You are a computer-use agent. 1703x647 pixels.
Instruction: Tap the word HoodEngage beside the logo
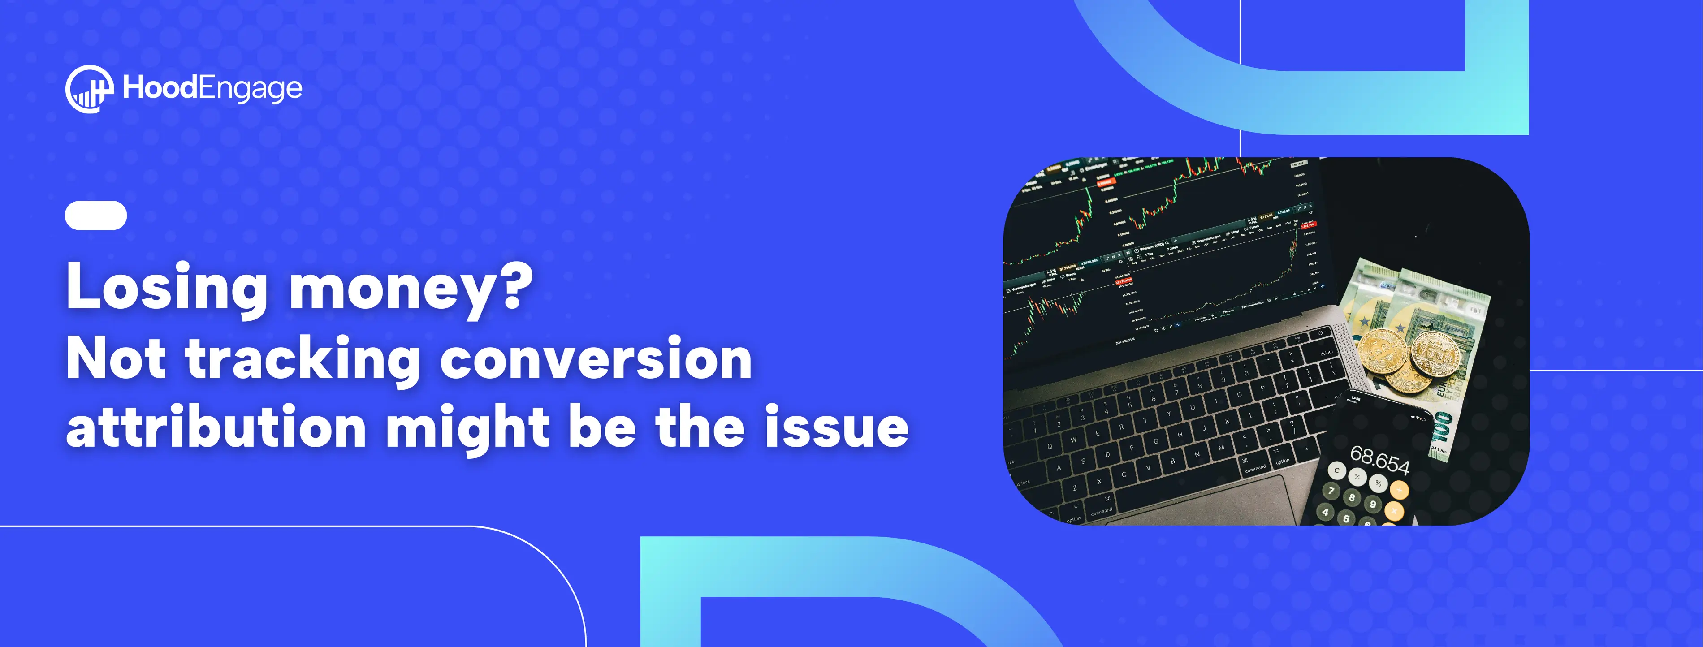click(212, 88)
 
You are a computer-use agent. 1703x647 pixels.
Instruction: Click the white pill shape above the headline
click(96, 216)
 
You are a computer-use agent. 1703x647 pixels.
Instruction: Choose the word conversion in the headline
click(596, 359)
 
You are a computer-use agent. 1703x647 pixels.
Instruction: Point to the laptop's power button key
click(1319, 332)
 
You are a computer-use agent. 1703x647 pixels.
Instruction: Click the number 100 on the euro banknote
click(1441, 436)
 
